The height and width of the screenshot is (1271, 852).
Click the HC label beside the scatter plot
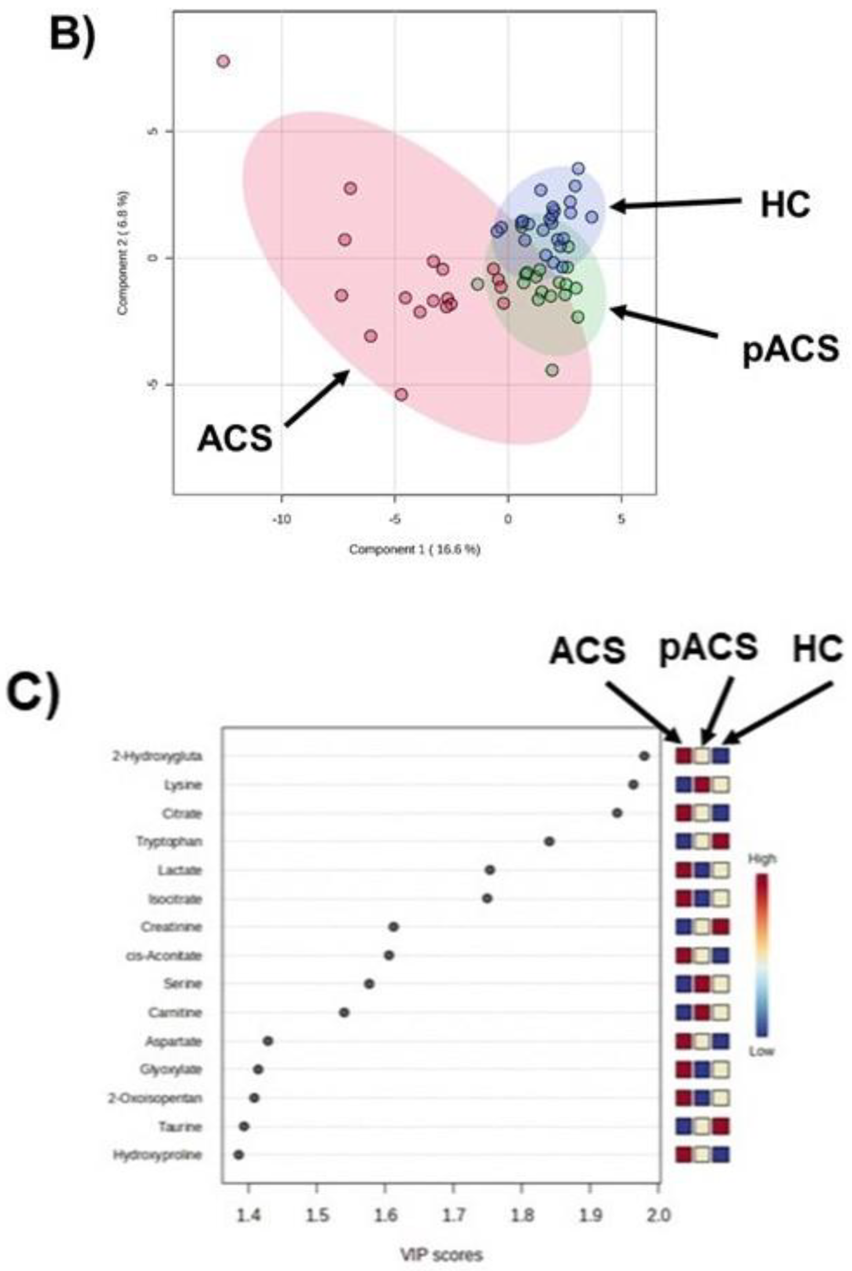point(785,205)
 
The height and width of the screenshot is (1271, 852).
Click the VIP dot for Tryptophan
point(549,841)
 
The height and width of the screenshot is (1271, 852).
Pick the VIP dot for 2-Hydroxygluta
point(644,755)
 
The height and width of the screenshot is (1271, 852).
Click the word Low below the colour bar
point(761,1051)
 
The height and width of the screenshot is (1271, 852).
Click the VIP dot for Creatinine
point(394,927)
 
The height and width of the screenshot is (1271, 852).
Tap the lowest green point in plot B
point(552,370)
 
